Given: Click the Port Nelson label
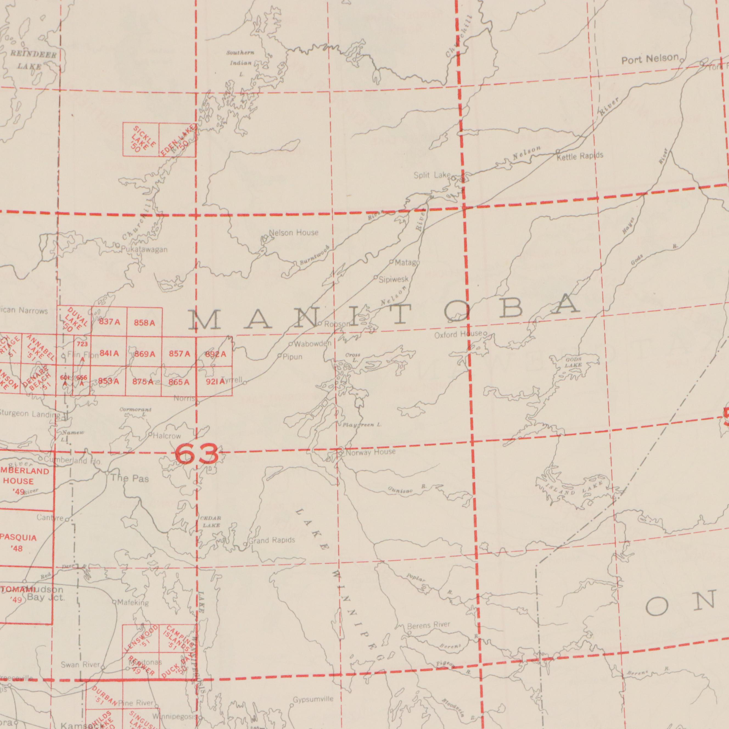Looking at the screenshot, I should pyautogui.click(x=650, y=58).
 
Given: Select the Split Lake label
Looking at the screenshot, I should pyautogui.click(x=432, y=175).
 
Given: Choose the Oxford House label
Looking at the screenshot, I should pyautogui.click(x=458, y=334).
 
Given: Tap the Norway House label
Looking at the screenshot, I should pyautogui.click(x=371, y=452).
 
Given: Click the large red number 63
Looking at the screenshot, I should pyautogui.click(x=197, y=454).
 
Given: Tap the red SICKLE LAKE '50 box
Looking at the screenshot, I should pyautogui.click(x=141, y=140).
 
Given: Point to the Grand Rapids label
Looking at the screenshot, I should pyautogui.click(x=272, y=541).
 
